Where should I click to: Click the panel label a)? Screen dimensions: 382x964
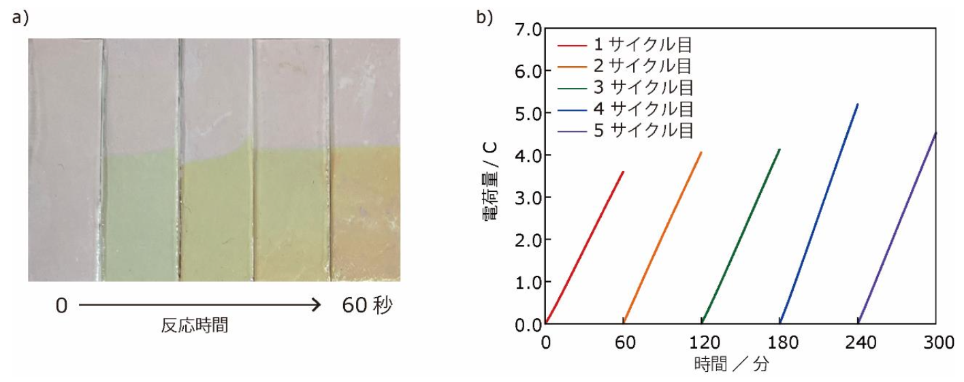click(x=20, y=18)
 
